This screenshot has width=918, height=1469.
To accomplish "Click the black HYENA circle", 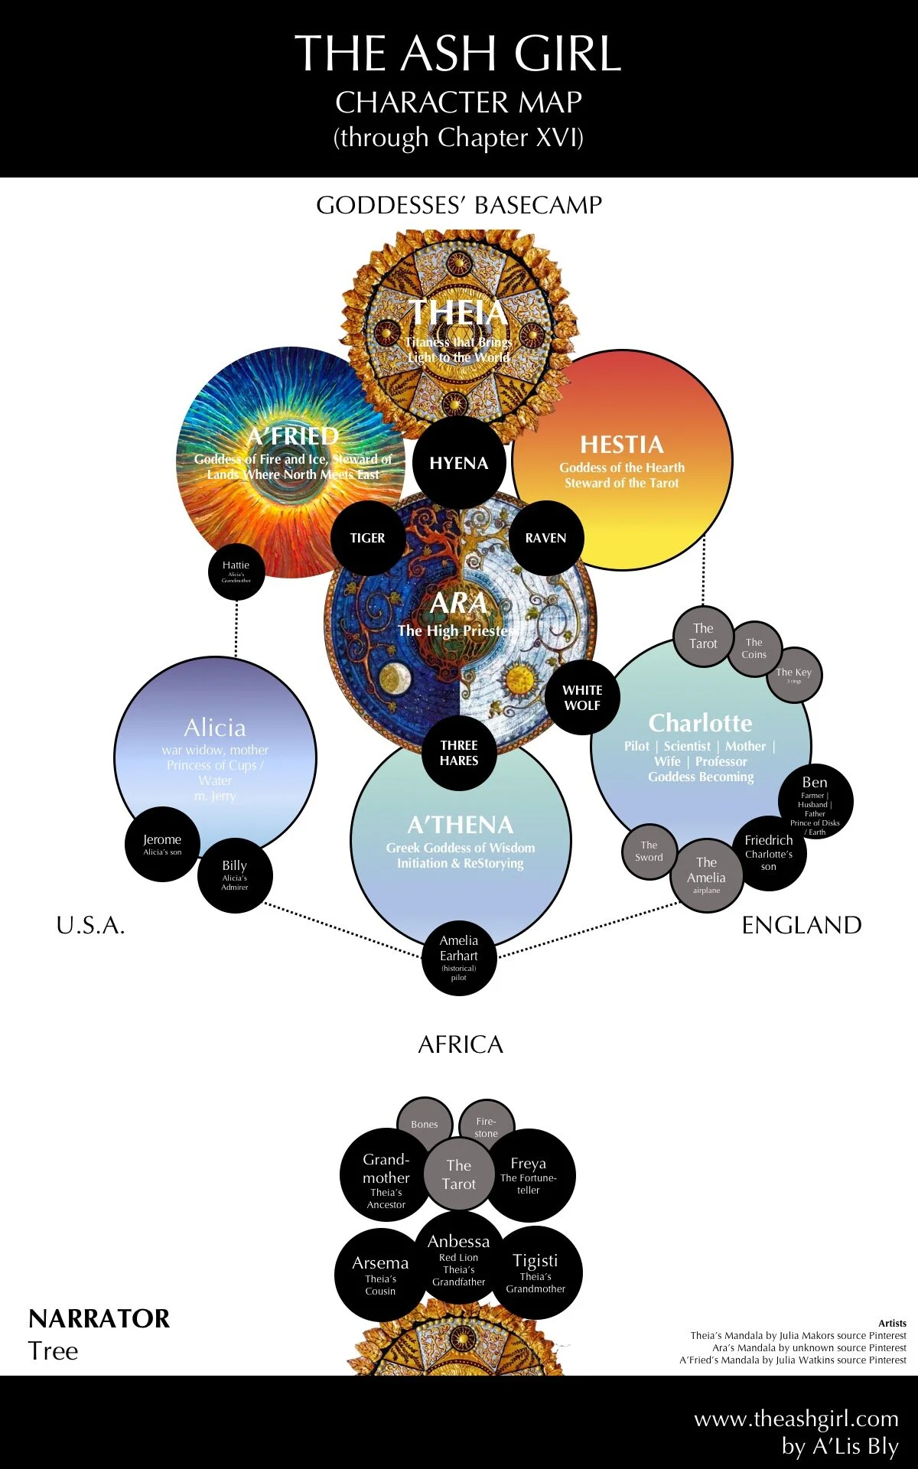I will (459, 463).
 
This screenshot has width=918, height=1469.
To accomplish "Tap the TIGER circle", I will (367, 538).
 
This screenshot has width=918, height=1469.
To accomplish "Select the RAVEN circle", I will (545, 538).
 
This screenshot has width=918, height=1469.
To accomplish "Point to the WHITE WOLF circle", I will (582, 697).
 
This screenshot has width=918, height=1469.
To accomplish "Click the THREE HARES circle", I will (459, 753).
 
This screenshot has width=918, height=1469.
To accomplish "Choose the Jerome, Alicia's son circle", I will (162, 844).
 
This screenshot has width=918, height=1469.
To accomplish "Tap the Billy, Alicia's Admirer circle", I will (235, 875).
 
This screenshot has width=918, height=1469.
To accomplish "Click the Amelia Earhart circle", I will (459, 957).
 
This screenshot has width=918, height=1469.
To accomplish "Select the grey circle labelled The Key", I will (794, 675).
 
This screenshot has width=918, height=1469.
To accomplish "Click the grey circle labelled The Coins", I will (754, 649).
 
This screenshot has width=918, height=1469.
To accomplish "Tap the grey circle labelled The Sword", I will (649, 852).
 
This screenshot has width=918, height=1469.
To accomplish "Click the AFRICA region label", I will (461, 1044).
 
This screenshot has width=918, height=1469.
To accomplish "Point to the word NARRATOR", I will (99, 1318).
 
